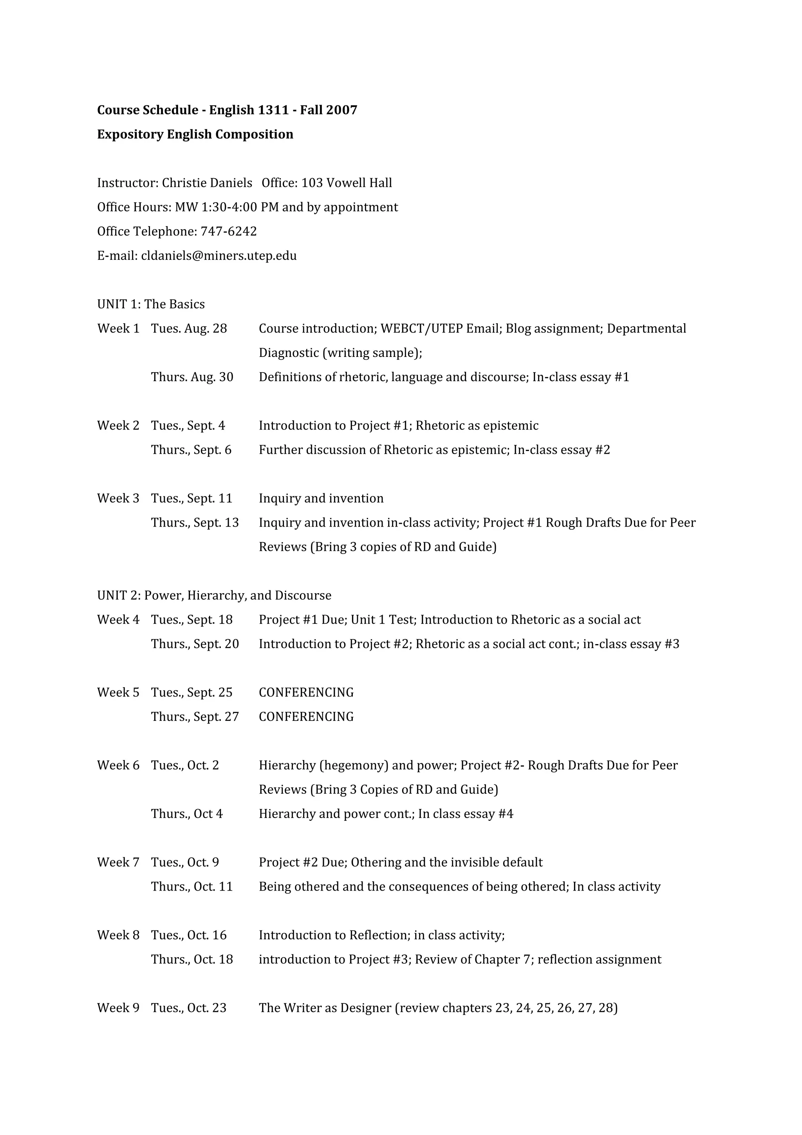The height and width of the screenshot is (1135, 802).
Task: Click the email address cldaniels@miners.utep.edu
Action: click(219, 256)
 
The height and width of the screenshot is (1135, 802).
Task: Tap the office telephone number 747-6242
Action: click(228, 232)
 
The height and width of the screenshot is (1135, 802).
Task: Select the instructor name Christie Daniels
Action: click(207, 183)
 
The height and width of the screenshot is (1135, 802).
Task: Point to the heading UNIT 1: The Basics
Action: click(151, 304)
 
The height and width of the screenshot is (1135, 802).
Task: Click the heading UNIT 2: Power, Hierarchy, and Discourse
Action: click(214, 596)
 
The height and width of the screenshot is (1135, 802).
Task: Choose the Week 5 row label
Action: click(118, 693)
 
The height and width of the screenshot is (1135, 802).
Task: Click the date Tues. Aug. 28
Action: click(189, 329)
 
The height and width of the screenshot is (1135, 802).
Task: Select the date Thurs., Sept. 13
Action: click(195, 523)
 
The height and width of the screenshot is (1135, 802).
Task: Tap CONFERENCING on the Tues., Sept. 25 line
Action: click(306, 693)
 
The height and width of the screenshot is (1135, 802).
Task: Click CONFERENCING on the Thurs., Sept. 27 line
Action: click(306, 717)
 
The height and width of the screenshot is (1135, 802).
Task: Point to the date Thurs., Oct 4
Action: click(187, 814)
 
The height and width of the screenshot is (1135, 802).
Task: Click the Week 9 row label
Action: click(118, 1008)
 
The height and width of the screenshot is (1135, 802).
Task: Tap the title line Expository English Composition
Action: click(195, 134)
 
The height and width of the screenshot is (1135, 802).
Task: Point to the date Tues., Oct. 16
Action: click(189, 935)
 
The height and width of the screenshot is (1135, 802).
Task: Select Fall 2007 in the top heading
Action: click(328, 110)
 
